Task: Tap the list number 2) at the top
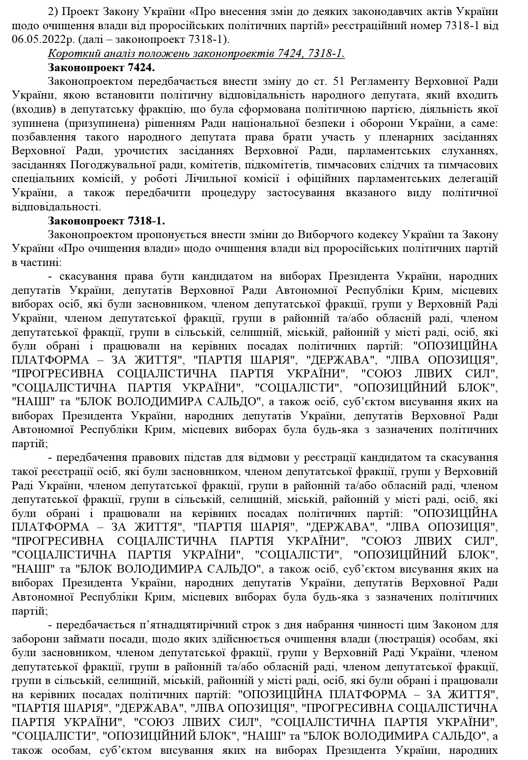coord(53,11)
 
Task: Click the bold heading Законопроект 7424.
coord(101,68)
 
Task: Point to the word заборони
coord(36,639)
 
